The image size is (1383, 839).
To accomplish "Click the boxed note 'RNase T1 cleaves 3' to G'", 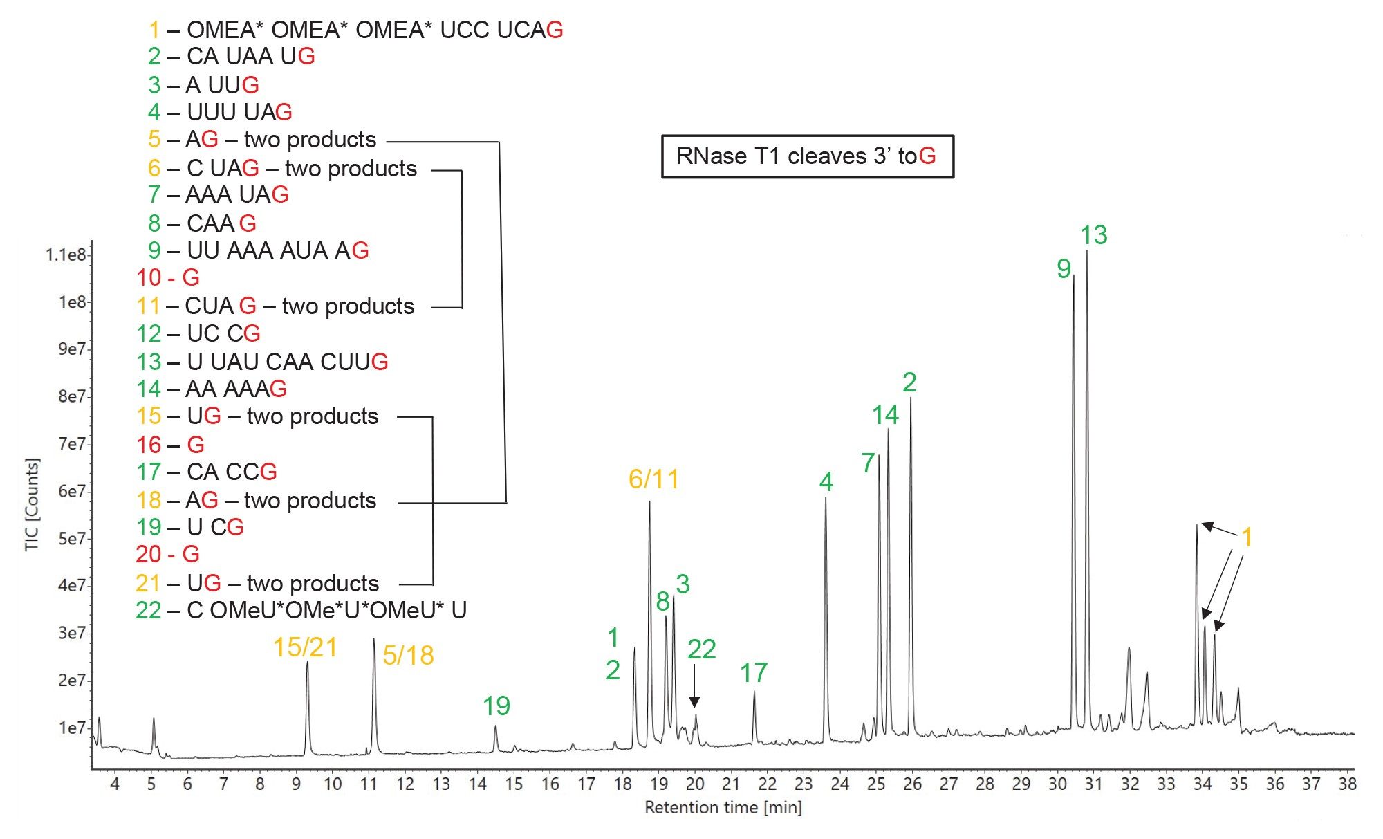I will pos(807,156).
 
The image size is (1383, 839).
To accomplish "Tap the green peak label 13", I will pos(1093,235).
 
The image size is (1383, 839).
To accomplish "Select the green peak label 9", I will pos(1064,268).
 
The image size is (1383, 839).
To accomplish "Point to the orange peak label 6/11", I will pos(653,479).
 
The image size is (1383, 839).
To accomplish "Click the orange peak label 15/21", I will pos(305,647).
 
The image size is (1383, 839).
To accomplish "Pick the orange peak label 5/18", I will pos(408,656).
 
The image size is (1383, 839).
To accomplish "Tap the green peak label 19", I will pos(496,706).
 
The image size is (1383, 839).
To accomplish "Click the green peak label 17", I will pos(753,672).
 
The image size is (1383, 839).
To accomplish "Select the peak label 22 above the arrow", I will pos(701,649).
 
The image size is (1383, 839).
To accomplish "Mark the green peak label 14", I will pos(885,415).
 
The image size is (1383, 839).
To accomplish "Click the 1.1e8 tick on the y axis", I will pos(66,255).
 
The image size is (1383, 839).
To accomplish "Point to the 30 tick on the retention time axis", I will pos(1057,784).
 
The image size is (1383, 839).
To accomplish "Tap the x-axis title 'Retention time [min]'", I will pos(723,807).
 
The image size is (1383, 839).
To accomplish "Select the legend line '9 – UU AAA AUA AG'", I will pos(259,250).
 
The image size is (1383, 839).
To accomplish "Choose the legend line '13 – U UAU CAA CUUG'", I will pos(262,361).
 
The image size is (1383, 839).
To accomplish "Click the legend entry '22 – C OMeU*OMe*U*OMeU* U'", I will pos(301,610).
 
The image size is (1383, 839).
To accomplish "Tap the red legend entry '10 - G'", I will pos(168,277).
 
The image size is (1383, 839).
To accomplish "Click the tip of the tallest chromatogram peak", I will pos(1086,252).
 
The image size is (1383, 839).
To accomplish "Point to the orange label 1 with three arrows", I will pos(1247,537).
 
